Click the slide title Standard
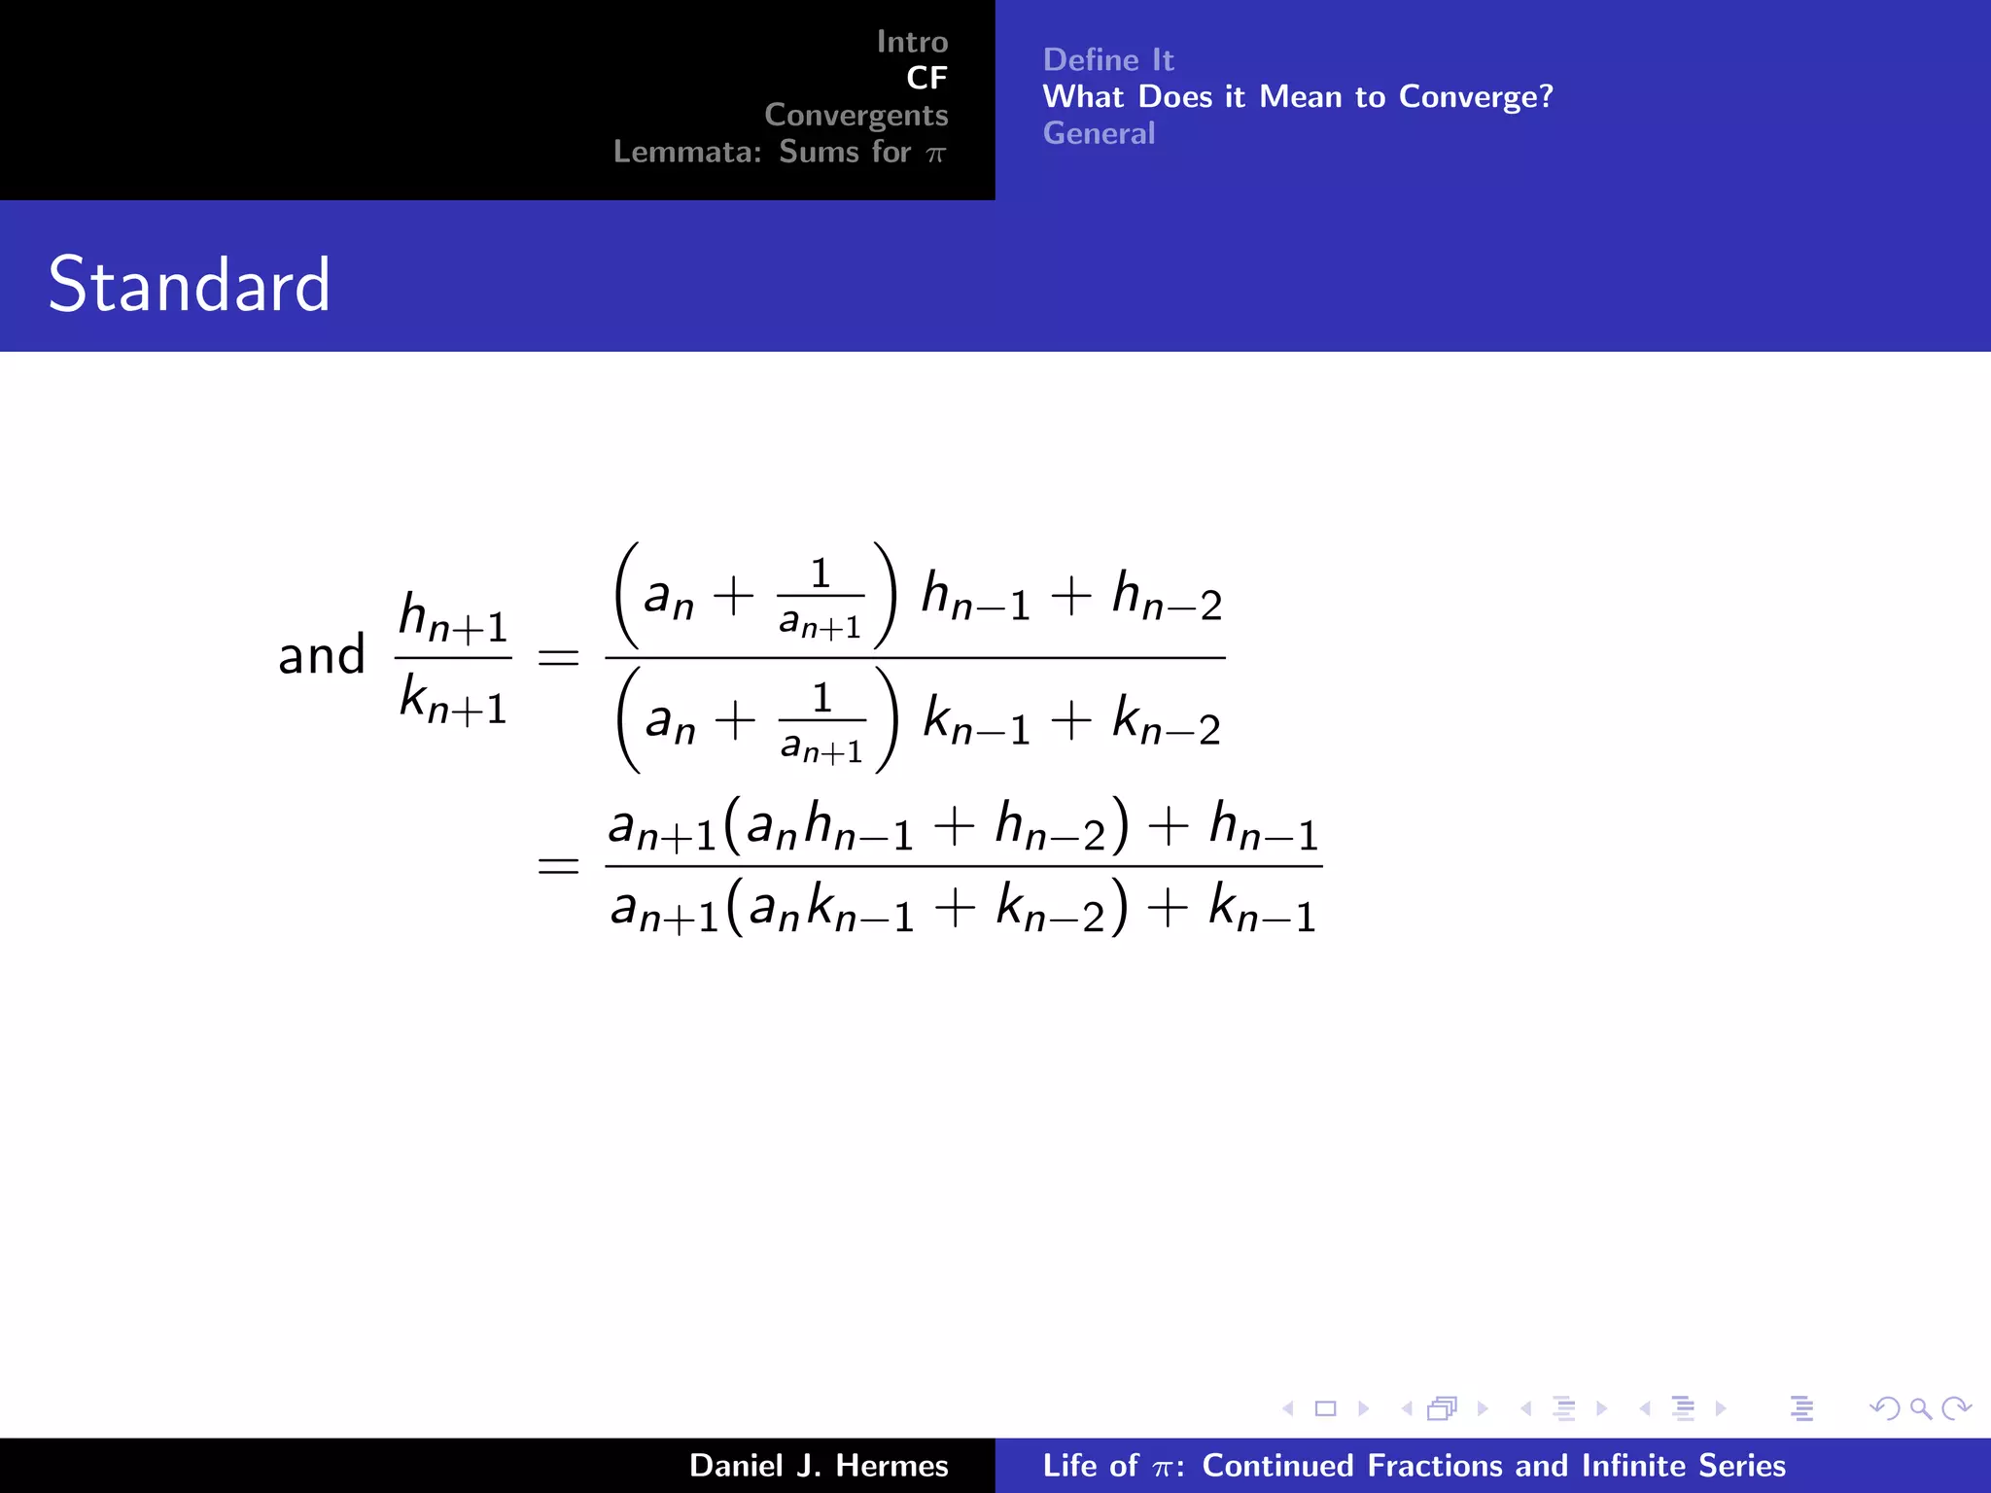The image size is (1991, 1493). pyautogui.click(x=190, y=285)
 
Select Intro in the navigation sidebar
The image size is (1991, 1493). pyautogui.click(x=911, y=42)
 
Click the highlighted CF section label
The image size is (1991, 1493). pyautogui.click(x=926, y=78)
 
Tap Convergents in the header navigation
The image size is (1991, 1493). pyautogui.click(x=856, y=115)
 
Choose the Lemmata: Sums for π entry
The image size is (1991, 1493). pyautogui.click(x=779, y=152)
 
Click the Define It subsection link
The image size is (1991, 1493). pyautogui.click(x=1107, y=60)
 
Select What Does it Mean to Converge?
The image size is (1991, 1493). pyautogui.click(x=1297, y=96)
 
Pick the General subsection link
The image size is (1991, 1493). pyautogui.click(x=1099, y=133)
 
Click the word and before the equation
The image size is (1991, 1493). pyautogui.click(x=321, y=655)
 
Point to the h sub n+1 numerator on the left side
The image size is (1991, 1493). pyautogui.click(x=453, y=618)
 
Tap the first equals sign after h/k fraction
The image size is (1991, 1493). pyautogui.click(x=558, y=658)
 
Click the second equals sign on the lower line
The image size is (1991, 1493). pyautogui.click(x=558, y=864)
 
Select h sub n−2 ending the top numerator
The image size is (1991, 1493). pyautogui.click(x=1167, y=596)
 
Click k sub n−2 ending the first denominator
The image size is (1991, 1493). pyautogui.click(x=1166, y=721)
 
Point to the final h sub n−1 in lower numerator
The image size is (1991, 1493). pyautogui.click(x=1263, y=827)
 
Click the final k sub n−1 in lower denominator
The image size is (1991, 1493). pyautogui.click(x=1262, y=909)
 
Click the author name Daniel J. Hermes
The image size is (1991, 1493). pyautogui.click(x=819, y=1466)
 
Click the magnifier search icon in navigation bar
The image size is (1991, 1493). pyautogui.click(x=1920, y=1408)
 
